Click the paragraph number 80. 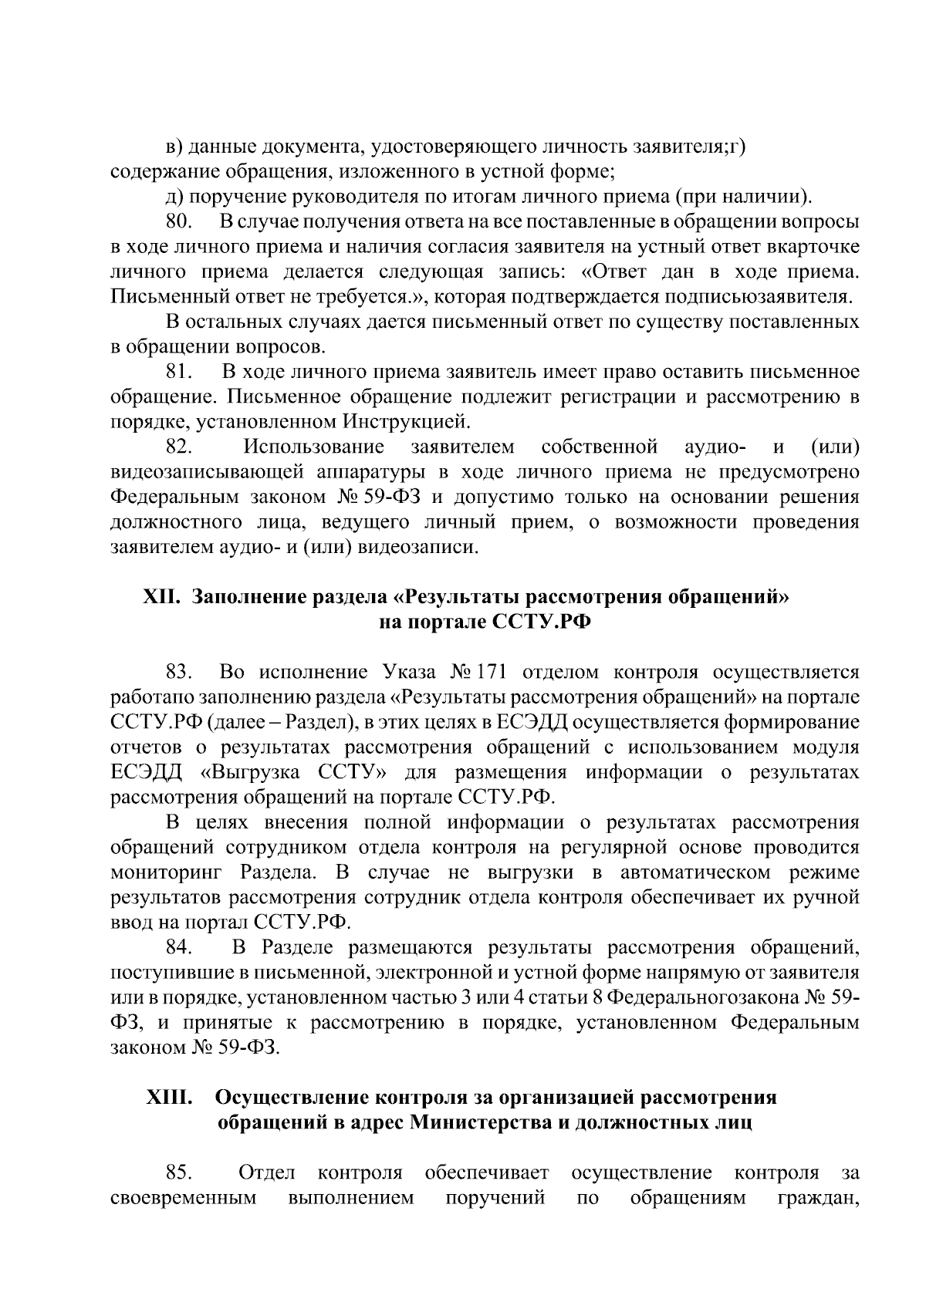tap(178, 222)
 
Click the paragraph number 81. tap(178, 372)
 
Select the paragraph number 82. tap(179, 447)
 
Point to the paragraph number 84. tap(179, 947)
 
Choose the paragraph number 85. tap(179, 1173)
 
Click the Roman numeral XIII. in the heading tap(169, 1097)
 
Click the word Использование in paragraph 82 tap(313, 447)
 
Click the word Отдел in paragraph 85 tap(267, 1173)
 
